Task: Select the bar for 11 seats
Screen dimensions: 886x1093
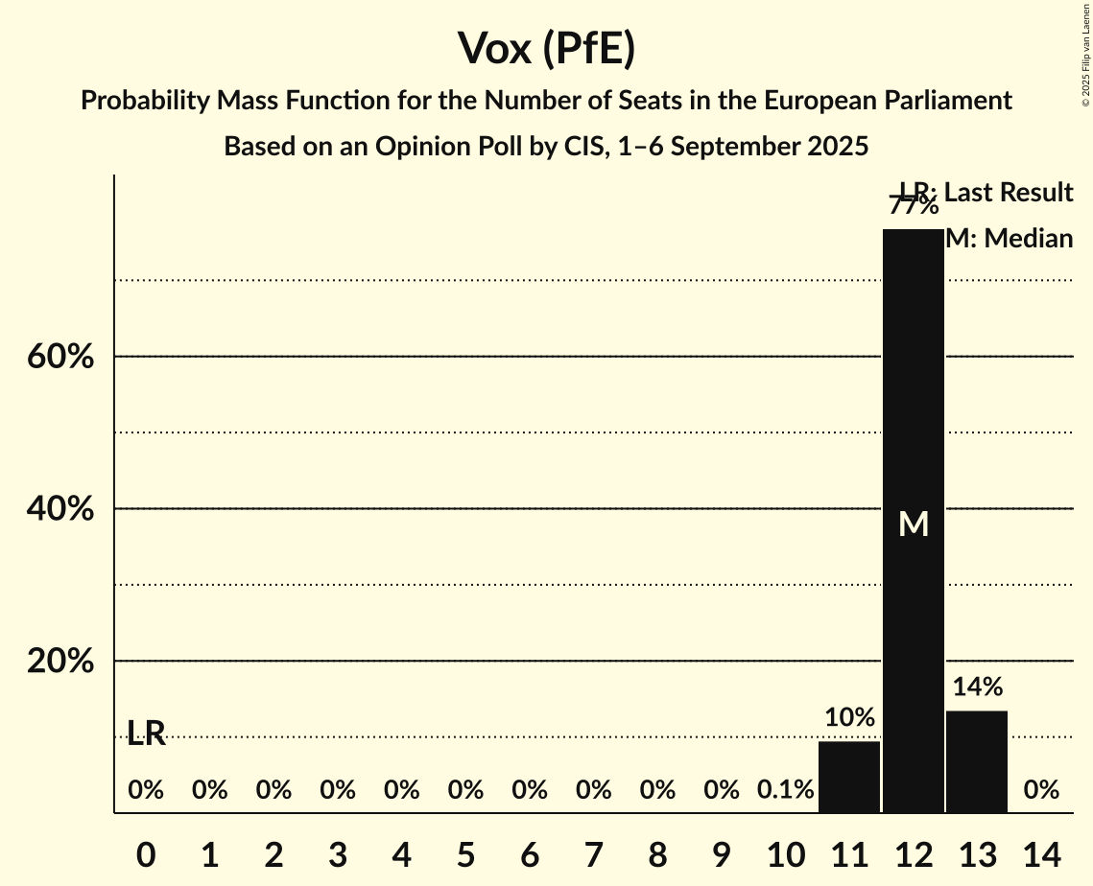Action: tap(849, 777)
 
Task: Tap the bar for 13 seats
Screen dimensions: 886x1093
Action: tap(977, 761)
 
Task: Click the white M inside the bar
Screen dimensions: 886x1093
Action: tap(914, 524)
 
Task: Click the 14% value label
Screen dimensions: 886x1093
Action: tap(978, 687)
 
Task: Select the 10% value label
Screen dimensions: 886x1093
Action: tap(849, 717)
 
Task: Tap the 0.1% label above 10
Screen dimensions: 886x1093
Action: tap(786, 790)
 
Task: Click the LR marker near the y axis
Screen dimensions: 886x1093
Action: tap(146, 734)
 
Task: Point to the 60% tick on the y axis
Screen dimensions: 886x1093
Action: tap(59, 357)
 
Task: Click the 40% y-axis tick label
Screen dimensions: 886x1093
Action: tap(59, 509)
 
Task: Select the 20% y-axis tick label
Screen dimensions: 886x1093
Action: tap(59, 662)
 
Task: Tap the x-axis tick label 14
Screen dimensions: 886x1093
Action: tap(1041, 853)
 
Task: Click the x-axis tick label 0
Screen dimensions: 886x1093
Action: tap(146, 853)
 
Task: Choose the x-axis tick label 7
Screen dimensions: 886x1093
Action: tap(594, 853)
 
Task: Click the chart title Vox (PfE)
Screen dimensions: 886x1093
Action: tap(546, 48)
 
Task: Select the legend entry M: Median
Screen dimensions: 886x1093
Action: tap(1009, 239)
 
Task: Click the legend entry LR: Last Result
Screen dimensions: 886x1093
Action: tap(986, 193)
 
